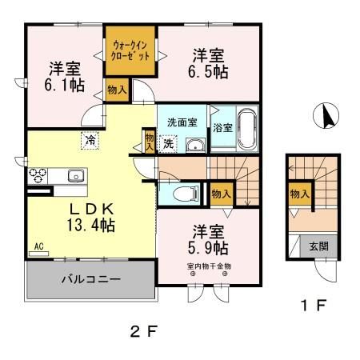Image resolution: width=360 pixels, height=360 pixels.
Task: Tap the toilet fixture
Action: tap(186, 194)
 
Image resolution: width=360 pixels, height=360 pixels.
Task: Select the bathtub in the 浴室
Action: tap(247, 129)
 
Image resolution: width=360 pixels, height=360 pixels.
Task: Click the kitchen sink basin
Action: tap(76, 176)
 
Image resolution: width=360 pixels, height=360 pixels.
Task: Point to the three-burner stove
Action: tap(38, 175)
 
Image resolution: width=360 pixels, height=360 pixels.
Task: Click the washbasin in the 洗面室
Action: tap(195, 146)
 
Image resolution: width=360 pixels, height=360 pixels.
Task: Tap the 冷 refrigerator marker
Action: tap(90, 141)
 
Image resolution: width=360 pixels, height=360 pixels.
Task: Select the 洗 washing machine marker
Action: tap(168, 144)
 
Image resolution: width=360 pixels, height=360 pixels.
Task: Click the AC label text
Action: tap(38, 246)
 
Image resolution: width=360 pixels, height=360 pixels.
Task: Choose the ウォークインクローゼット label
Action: tap(130, 50)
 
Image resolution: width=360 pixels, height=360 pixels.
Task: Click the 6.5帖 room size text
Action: tap(208, 71)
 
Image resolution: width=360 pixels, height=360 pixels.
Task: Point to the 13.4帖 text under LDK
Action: tap(91, 225)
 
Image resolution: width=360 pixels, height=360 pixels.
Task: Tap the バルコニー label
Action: tap(91, 279)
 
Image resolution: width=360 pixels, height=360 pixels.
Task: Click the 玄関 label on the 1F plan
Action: tap(318, 246)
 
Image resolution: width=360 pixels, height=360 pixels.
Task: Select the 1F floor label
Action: tap(314, 306)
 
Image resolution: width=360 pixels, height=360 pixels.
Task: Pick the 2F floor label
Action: tap(143, 331)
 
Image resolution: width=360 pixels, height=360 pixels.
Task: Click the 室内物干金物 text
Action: tap(209, 266)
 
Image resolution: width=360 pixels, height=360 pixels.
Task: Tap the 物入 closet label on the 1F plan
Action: tap(300, 194)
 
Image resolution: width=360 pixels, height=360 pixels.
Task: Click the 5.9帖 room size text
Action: tap(208, 248)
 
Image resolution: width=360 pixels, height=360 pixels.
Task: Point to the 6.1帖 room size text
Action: tap(65, 86)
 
